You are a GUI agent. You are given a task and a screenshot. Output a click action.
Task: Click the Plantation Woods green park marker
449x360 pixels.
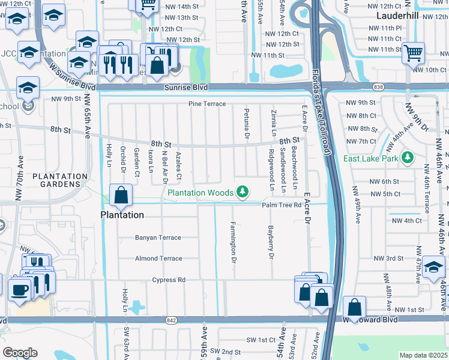point(242,192)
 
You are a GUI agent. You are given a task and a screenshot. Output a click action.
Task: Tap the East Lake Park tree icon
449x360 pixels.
point(408,158)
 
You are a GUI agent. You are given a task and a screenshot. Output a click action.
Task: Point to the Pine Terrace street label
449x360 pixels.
point(207,104)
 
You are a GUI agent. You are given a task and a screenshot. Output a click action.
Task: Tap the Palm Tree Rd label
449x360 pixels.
point(280,205)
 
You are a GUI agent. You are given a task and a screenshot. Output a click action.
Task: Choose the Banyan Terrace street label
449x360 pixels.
point(158,238)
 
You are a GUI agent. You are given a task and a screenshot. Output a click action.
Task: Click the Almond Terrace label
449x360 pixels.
point(158,259)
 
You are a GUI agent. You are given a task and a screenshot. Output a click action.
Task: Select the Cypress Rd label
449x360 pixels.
point(169,280)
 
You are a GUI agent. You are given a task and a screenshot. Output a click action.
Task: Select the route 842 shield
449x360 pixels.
point(172,321)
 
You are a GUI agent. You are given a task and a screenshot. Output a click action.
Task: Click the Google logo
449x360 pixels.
point(20,352)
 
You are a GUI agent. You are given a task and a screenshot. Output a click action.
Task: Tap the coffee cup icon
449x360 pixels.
point(19,290)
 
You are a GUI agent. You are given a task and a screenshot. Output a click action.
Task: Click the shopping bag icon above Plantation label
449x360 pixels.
point(121,194)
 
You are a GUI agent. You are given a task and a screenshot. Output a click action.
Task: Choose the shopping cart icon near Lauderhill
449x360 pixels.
point(413,53)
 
